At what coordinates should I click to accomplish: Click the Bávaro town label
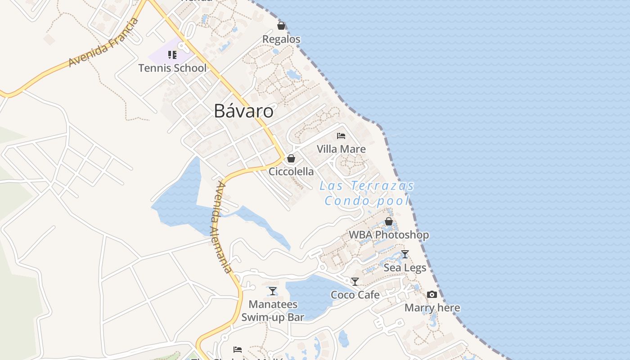[x=243, y=111]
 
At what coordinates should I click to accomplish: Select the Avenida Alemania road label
[x=220, y=228]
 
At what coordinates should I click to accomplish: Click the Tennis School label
[x=172, y=68]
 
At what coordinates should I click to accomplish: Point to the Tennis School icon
[x=172, y=55]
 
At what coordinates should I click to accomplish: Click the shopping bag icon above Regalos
[x=281, y=26]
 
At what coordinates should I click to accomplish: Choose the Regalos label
[x=281, y=39]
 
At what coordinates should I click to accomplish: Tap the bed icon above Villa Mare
[x=341, y=135]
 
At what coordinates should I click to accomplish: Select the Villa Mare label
[x=341, y=149]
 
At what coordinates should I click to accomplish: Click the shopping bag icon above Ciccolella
[x=291, y=158]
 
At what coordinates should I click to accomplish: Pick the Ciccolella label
[x=291, y=171]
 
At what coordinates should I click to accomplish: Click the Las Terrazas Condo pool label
[x=367, y=193]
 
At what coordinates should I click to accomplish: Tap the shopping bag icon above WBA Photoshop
[x=389, y=221]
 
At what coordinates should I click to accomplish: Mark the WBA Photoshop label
[x=389, y=235]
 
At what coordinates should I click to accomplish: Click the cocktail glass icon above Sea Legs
[x=405, y=254]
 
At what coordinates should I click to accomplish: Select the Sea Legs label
[x=405, y=268]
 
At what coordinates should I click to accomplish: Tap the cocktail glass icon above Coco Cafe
[x=355, y=282]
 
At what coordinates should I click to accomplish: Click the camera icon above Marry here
[x=432, y=295]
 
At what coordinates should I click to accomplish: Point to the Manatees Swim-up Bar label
[x=273, y=311]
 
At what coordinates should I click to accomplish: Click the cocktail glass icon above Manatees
[x=273, y=291]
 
